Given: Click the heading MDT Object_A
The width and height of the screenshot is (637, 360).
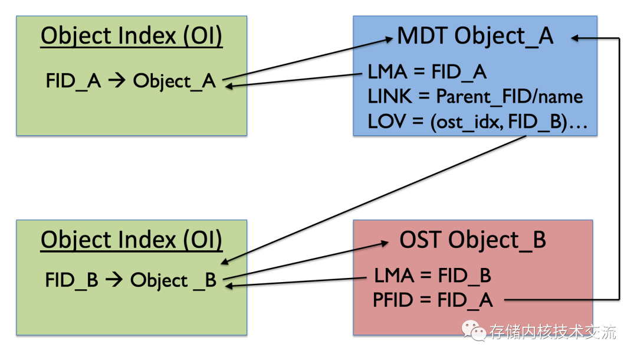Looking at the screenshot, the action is [x=475, y=36].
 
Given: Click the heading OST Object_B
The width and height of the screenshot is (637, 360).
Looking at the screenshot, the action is [x=472, y=240].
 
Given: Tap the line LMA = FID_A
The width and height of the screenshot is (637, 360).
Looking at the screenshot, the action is [x=427, y=73].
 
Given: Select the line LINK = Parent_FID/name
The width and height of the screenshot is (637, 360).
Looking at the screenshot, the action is [x=475, y=97].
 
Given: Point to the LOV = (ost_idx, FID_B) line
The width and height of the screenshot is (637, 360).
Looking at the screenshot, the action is [x=477, y=122].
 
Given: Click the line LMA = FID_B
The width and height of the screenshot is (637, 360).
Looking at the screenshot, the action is [x=433, y=276].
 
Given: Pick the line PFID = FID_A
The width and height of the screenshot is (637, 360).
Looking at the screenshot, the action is [x=433, y=300].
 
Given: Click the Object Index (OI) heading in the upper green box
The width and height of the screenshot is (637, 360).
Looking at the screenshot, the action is [x=131, y=36].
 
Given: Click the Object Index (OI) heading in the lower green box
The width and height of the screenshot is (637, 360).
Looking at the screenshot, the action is [x=131, y=240].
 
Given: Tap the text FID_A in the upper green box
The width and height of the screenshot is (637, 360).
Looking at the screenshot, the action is [x=73, y=80].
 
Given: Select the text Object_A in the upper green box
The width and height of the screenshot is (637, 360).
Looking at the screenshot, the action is [x=174, y=81].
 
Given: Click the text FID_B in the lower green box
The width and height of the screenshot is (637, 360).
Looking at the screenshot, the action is [x=71, y=280].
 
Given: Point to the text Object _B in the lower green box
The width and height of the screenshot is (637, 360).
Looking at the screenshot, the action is [x=173, y=280].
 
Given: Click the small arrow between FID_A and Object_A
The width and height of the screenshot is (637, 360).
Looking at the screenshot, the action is [x=117, y=80].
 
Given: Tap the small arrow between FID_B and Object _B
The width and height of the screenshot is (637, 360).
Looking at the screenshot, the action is [x=114, y=279].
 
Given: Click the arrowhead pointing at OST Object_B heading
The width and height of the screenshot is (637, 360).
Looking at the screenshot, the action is [x=385, y=243].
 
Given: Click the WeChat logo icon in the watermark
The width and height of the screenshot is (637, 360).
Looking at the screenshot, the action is [x=474, y=330].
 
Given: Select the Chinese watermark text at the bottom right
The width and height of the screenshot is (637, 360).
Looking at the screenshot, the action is [x=553, y=332].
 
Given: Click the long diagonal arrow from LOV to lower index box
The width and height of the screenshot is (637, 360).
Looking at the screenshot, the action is [x=374, y=199].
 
